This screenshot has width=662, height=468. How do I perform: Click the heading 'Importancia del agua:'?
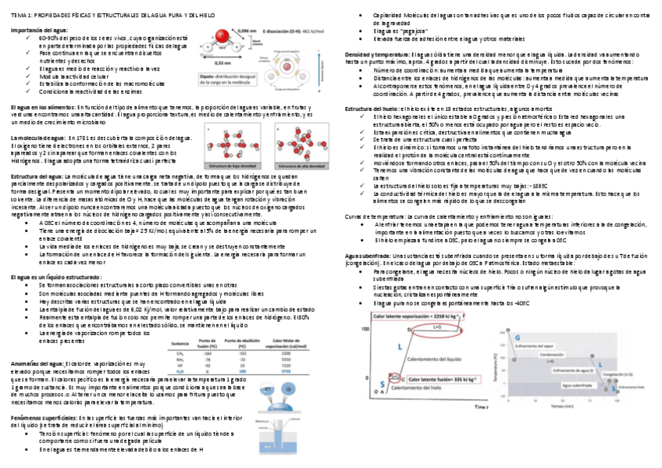[x=36, y=30]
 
